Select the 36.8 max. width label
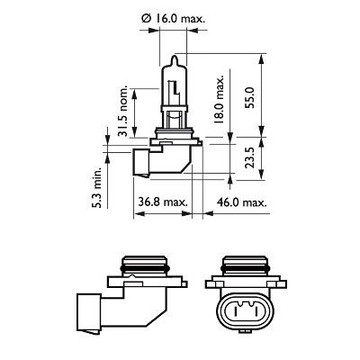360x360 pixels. point(163,203)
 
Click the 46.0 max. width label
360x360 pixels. point(242,203)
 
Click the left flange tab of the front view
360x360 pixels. point(210,285)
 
